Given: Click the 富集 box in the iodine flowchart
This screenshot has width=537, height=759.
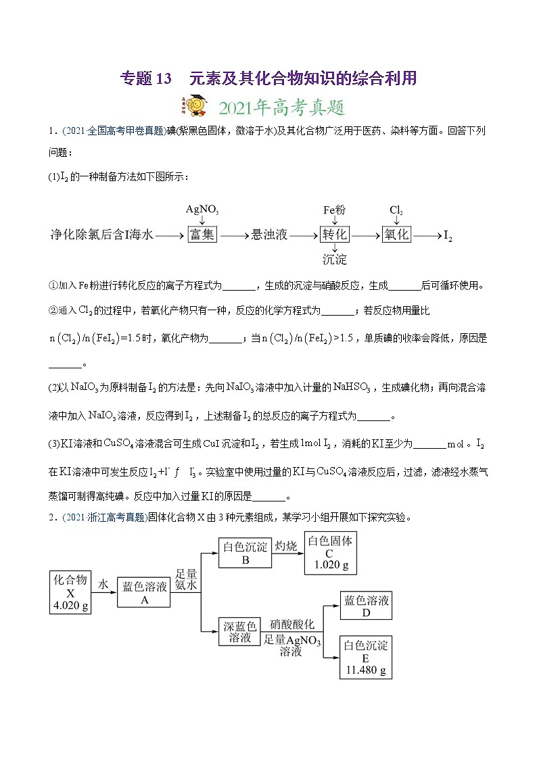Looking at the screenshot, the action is pyautogui.click(x=202, y=235).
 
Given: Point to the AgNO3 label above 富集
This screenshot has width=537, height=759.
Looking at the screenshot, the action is pyautogui.click(x=202, y=210).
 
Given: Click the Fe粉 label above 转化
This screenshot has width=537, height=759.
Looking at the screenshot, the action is pyautogui.click(x=334, y=210).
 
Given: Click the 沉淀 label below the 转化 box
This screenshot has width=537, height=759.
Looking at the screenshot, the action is pyautogui.click(x=335, y=260).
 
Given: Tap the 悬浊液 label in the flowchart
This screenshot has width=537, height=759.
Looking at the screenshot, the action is pyautogui.click(x=269, y=235).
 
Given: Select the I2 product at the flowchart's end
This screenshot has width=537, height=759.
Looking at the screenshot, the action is pyautogui.click(x=447, y=236).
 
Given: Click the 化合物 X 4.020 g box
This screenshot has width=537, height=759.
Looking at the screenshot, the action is pyautogui.click(x=71, y=593).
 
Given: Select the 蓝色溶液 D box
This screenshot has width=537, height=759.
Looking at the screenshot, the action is pyautogui.click(x=366, y=606).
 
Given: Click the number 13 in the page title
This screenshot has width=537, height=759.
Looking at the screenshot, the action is pyautogui.click(x=164, y=78).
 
